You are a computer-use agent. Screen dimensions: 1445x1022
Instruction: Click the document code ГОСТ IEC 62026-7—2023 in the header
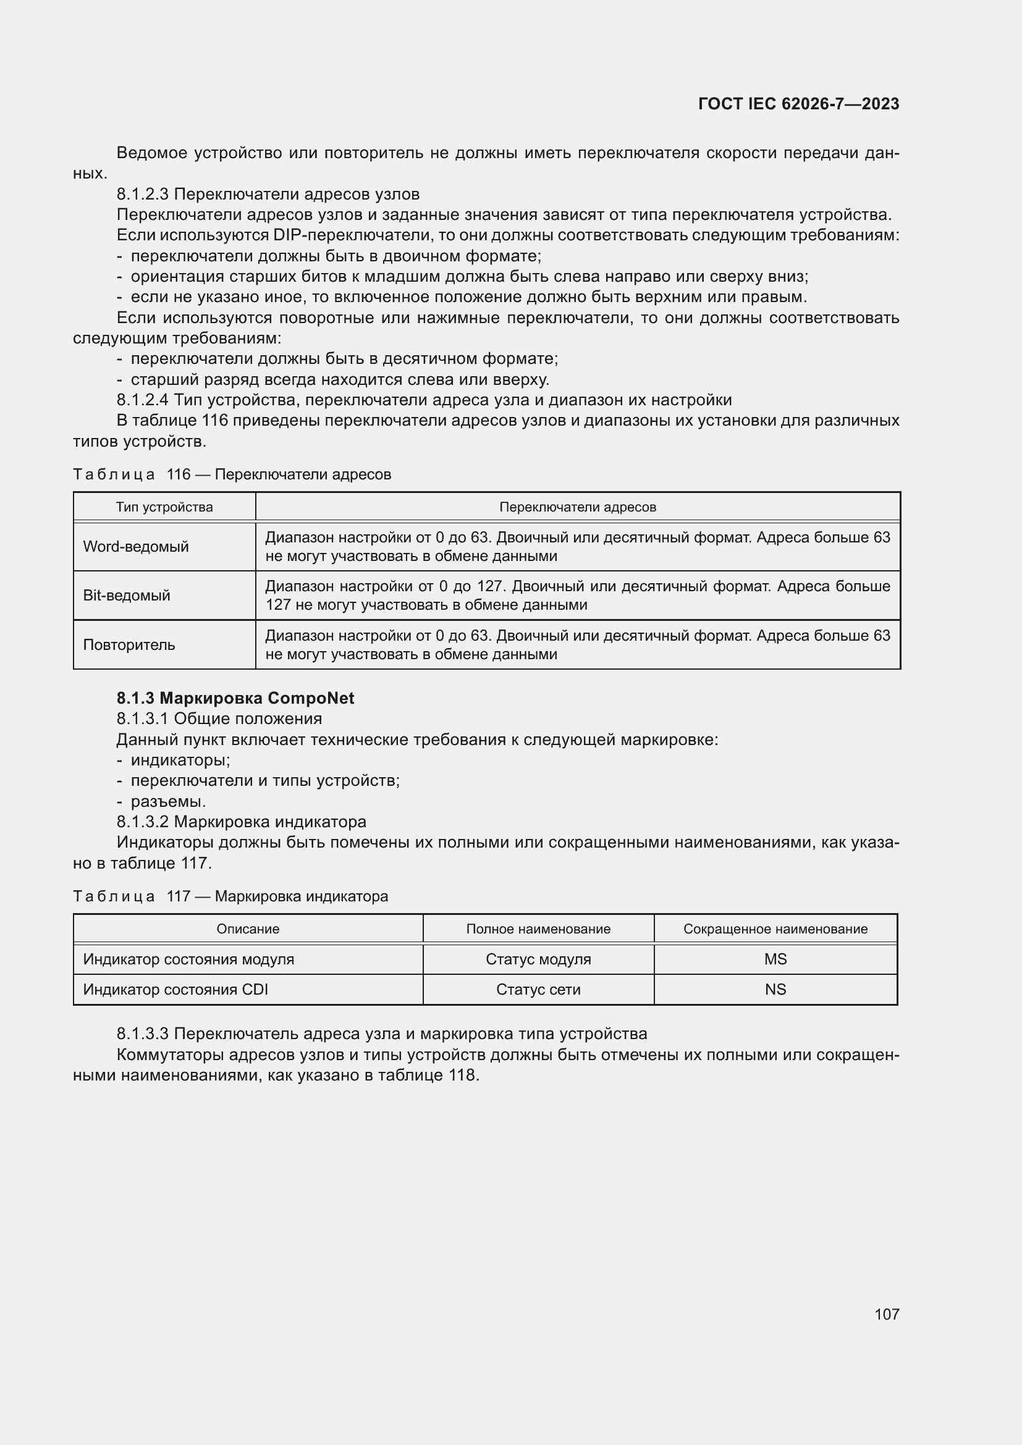click(798, 104)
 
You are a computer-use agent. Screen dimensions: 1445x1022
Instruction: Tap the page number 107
click(886, 1313)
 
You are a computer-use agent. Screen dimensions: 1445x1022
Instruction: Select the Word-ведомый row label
click(136, 546)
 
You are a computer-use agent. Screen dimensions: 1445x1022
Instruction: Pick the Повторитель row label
click(129, 644)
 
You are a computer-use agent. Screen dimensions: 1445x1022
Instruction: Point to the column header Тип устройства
click(164, 507)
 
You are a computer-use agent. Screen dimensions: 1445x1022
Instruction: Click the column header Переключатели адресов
click(577, 507)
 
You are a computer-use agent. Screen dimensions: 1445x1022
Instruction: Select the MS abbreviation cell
click(775, 959)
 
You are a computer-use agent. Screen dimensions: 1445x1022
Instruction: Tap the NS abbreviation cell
click(775, 989)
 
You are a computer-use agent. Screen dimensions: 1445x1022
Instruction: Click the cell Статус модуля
click(538, 959)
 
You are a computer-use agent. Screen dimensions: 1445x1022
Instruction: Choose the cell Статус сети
click(538, 989)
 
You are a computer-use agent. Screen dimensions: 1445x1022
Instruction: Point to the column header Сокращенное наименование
click(775, 929)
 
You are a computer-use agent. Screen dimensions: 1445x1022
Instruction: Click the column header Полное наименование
click(538, 929)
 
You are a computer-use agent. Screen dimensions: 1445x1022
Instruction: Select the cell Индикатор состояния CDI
click(175, 989)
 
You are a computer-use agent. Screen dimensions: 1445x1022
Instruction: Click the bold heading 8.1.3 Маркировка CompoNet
click(235, 698)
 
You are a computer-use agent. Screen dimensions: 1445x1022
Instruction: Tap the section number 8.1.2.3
click(142, 194)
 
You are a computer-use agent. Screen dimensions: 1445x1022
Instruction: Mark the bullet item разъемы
click(168, 801)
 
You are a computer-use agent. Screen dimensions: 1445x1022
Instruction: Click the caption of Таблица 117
click(230, 896)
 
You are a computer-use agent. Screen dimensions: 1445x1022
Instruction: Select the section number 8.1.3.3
click(142, 1034)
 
